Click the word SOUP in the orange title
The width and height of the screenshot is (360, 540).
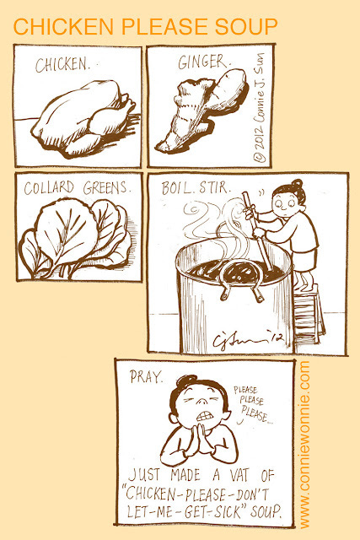[x=246, y=27]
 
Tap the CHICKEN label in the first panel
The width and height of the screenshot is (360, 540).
[x=62, y=65]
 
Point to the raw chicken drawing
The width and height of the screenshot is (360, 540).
[x=83, y=117]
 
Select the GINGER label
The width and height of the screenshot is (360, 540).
[x=203, y=62]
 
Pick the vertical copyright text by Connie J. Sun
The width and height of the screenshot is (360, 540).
[x=260, y=107]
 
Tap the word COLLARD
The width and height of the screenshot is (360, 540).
[x=49, y=188]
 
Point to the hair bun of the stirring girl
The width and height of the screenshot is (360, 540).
[x=297, y=184]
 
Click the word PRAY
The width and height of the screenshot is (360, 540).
[x=146, y=377]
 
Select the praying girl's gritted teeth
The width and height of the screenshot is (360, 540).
[x=205, y=416]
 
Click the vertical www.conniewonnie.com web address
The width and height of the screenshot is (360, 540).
[x=304, y=445]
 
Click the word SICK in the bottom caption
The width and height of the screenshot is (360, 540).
[x=228, y=512]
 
